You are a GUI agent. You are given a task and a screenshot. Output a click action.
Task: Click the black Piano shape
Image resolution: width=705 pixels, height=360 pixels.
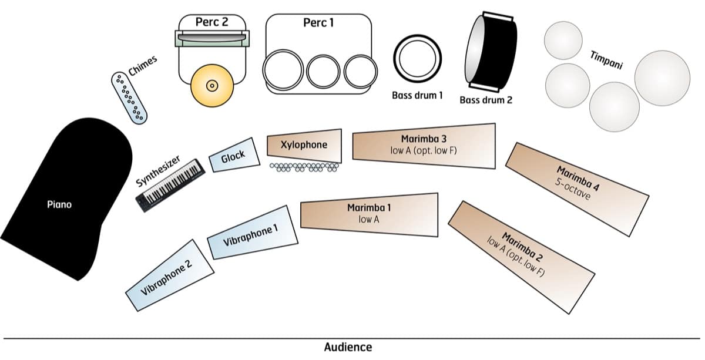(x=65, y=200)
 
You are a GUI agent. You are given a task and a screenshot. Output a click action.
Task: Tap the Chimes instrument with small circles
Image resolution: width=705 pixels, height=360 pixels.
(x=130, y=96)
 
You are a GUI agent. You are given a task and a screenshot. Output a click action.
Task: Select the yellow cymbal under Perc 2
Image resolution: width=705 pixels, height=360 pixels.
(x=212, y=86)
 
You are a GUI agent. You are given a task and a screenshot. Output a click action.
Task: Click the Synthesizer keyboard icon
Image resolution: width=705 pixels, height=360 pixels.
(x=171, y=184)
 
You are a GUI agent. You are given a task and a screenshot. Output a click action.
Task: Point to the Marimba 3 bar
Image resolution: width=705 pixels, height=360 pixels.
(x=424, y=146)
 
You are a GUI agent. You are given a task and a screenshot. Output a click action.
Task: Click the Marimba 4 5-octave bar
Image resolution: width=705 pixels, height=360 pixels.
(x=576, y=188)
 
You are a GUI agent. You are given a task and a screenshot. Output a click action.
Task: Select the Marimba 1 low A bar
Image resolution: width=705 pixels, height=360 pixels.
(x=370, y=214)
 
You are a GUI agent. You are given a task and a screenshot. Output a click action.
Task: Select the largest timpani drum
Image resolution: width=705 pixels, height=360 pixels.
(x=662, y=78)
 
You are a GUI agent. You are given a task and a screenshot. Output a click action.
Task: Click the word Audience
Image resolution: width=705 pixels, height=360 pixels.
(x=348, y=347)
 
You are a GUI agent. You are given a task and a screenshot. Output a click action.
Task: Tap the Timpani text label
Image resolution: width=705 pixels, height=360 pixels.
(x=606, y=59)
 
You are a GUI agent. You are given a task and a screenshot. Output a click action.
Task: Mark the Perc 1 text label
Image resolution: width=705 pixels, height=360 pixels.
(x=319, y=22)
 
